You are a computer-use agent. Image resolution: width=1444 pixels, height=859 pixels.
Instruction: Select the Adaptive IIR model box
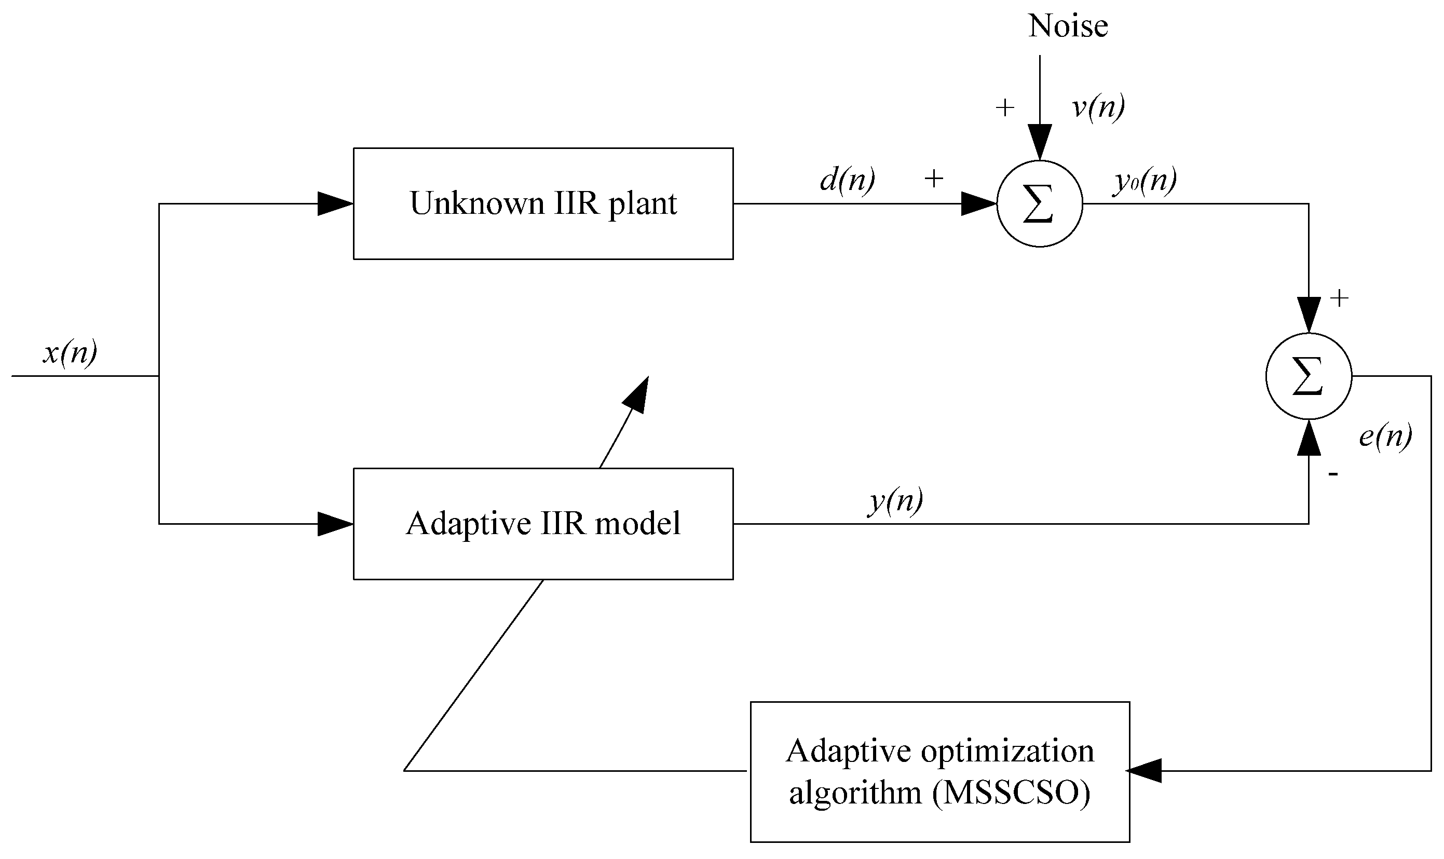point(543,523)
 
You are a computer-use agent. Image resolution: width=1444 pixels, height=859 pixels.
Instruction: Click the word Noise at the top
point(1068,26)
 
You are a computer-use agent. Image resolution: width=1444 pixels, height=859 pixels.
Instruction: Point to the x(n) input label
point(70,352)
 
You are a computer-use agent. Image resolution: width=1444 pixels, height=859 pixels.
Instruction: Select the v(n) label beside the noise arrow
point(1098,107)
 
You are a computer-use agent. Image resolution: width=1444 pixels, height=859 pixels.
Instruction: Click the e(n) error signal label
point(1385,436)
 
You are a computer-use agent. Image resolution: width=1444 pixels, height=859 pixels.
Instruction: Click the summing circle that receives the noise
point(1040,204)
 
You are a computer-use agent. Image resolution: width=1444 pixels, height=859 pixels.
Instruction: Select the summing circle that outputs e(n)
point(1309,376)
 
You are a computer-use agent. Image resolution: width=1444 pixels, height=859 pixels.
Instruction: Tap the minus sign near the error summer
point(1333,474)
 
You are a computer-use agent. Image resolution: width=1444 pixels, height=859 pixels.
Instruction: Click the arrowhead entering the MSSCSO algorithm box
point(1144,770)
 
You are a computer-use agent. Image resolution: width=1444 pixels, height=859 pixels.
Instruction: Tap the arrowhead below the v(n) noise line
point(1040,141)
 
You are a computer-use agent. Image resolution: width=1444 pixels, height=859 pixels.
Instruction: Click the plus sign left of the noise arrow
point(1005,107)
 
